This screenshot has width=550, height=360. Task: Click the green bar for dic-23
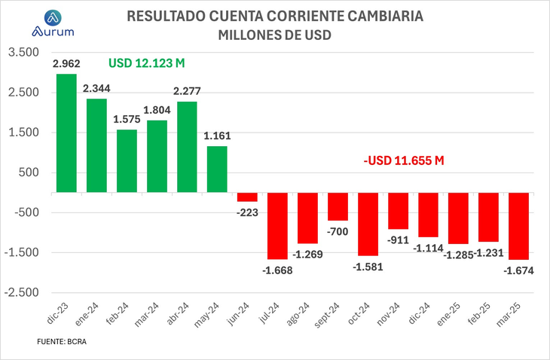coord(66,133)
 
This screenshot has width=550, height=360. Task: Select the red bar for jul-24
coord(277,226)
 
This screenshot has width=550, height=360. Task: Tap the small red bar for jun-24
coord(247,197)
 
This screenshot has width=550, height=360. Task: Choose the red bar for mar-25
coord(518,226)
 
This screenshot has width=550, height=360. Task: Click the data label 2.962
coord(66,64)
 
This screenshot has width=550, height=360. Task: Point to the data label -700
coord(338,230)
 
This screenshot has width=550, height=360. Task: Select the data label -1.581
coord(368,266)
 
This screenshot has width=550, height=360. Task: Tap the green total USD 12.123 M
coord(146,63)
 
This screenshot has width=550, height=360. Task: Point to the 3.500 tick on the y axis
coord(22,53)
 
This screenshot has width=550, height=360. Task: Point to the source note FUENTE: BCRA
coord(66,341)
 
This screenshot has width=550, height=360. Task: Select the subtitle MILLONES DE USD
coord(275,35)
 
